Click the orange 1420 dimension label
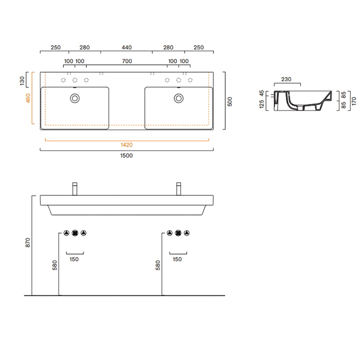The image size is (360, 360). point(127,145)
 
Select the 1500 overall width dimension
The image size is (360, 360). point(127,156)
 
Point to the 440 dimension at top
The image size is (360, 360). point(127,47)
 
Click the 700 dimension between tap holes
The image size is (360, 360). point(127,62)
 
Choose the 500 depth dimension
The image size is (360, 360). point(230,101)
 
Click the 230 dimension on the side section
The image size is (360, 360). point(286,79)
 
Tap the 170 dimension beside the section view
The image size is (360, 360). point(354,101)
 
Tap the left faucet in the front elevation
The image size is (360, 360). point(75,189)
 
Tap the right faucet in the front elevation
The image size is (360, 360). point(179,189)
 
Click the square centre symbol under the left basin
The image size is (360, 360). point(75,233)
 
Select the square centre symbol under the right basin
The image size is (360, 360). point(178,233)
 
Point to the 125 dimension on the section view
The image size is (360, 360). point(262,105)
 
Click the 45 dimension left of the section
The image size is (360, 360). point(262,94)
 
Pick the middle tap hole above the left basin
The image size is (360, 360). point(75,80)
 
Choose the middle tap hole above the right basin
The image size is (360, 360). point(178,80)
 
